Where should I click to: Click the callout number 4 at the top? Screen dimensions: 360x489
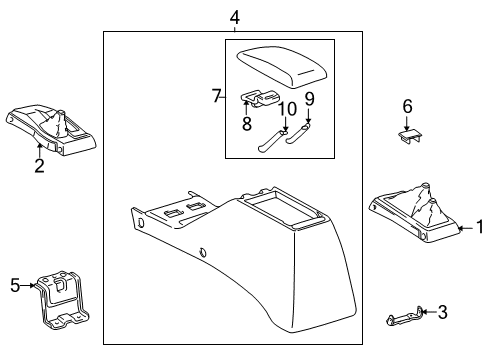click(x=234, y=17)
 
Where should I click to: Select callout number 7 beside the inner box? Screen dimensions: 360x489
click(x=216, y=96)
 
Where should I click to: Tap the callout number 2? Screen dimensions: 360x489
click(x=39, y=166)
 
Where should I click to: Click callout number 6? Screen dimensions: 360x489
click(x=407, y=106)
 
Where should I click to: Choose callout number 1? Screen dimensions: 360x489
click(x=478, y=228)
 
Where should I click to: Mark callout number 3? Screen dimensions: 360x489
click(x=442, y=312)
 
